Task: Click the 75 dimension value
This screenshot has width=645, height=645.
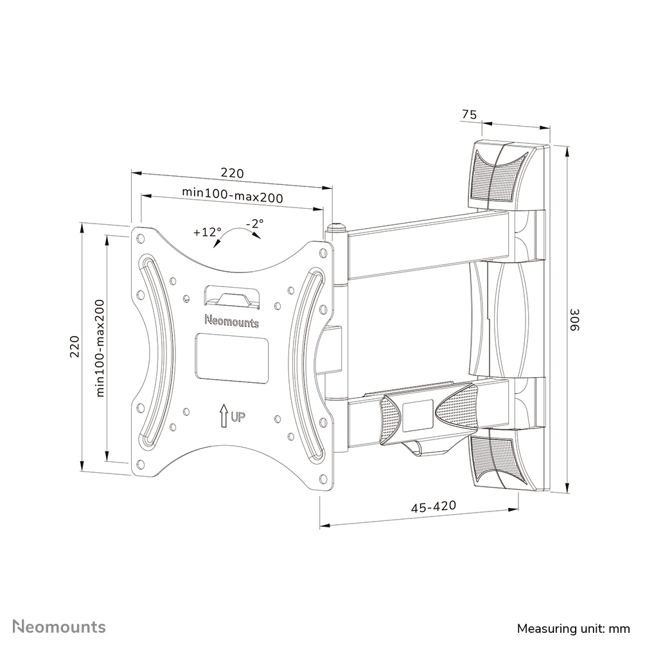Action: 469,115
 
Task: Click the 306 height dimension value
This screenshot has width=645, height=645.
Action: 576,319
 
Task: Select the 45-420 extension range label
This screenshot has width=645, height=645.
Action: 434,506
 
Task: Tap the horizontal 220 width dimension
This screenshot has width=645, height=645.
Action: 233,173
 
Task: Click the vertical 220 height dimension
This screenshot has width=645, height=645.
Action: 75,347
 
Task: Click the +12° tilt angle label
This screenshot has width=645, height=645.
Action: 206,233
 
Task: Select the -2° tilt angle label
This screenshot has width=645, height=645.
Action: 255,224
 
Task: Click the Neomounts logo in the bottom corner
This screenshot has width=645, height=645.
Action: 60,626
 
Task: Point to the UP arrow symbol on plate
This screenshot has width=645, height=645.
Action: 223,416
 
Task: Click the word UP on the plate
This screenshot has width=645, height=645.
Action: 238,418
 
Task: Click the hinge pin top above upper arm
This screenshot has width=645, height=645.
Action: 337,227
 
